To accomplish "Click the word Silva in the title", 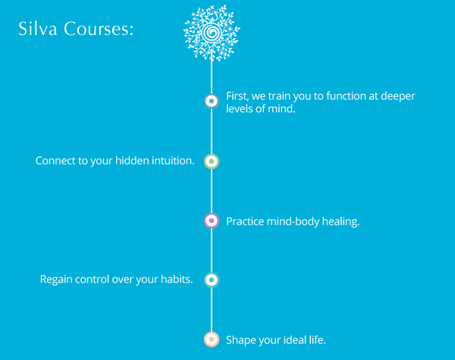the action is coord(38,29).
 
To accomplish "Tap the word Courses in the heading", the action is coord(99,29).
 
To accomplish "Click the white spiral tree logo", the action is coord(212,33).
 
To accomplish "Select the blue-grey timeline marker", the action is coord(212,101).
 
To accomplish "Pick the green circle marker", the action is coord(212,161).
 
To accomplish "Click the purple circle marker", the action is coord(212,221).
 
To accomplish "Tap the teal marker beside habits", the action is coord(212,280).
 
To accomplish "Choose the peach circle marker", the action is coord(212,340).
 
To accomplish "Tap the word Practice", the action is coord(245,221).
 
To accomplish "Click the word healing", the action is coord(340,222).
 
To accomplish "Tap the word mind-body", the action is coord(293,221).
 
